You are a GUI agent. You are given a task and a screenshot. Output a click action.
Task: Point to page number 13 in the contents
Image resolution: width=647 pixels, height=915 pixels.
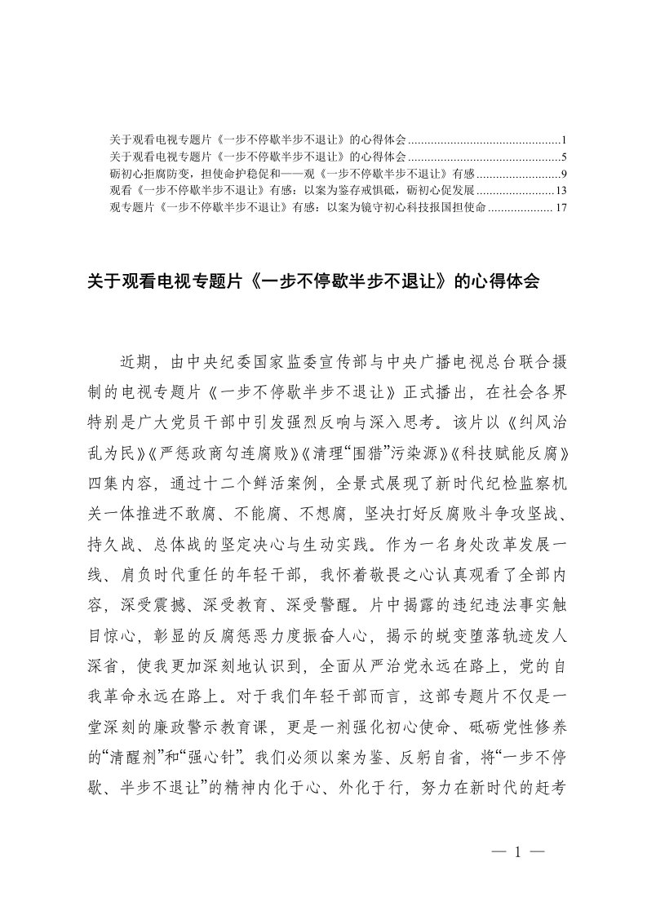(x=561, y=191)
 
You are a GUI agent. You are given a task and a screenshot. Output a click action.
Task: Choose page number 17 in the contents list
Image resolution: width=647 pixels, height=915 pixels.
(x=561, y=208)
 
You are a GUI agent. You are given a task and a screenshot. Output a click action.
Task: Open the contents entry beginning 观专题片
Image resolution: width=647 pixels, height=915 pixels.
(x=298, y=208)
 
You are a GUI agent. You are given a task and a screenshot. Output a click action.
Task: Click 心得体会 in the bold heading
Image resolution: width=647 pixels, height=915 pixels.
(x=505, y=281)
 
